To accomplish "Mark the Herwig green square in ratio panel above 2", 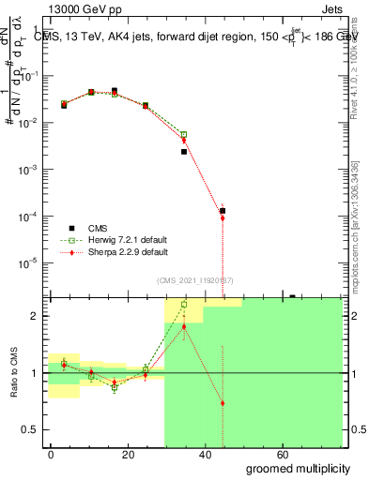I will coord(184,305).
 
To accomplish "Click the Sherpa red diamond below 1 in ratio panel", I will coord(223,403).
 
